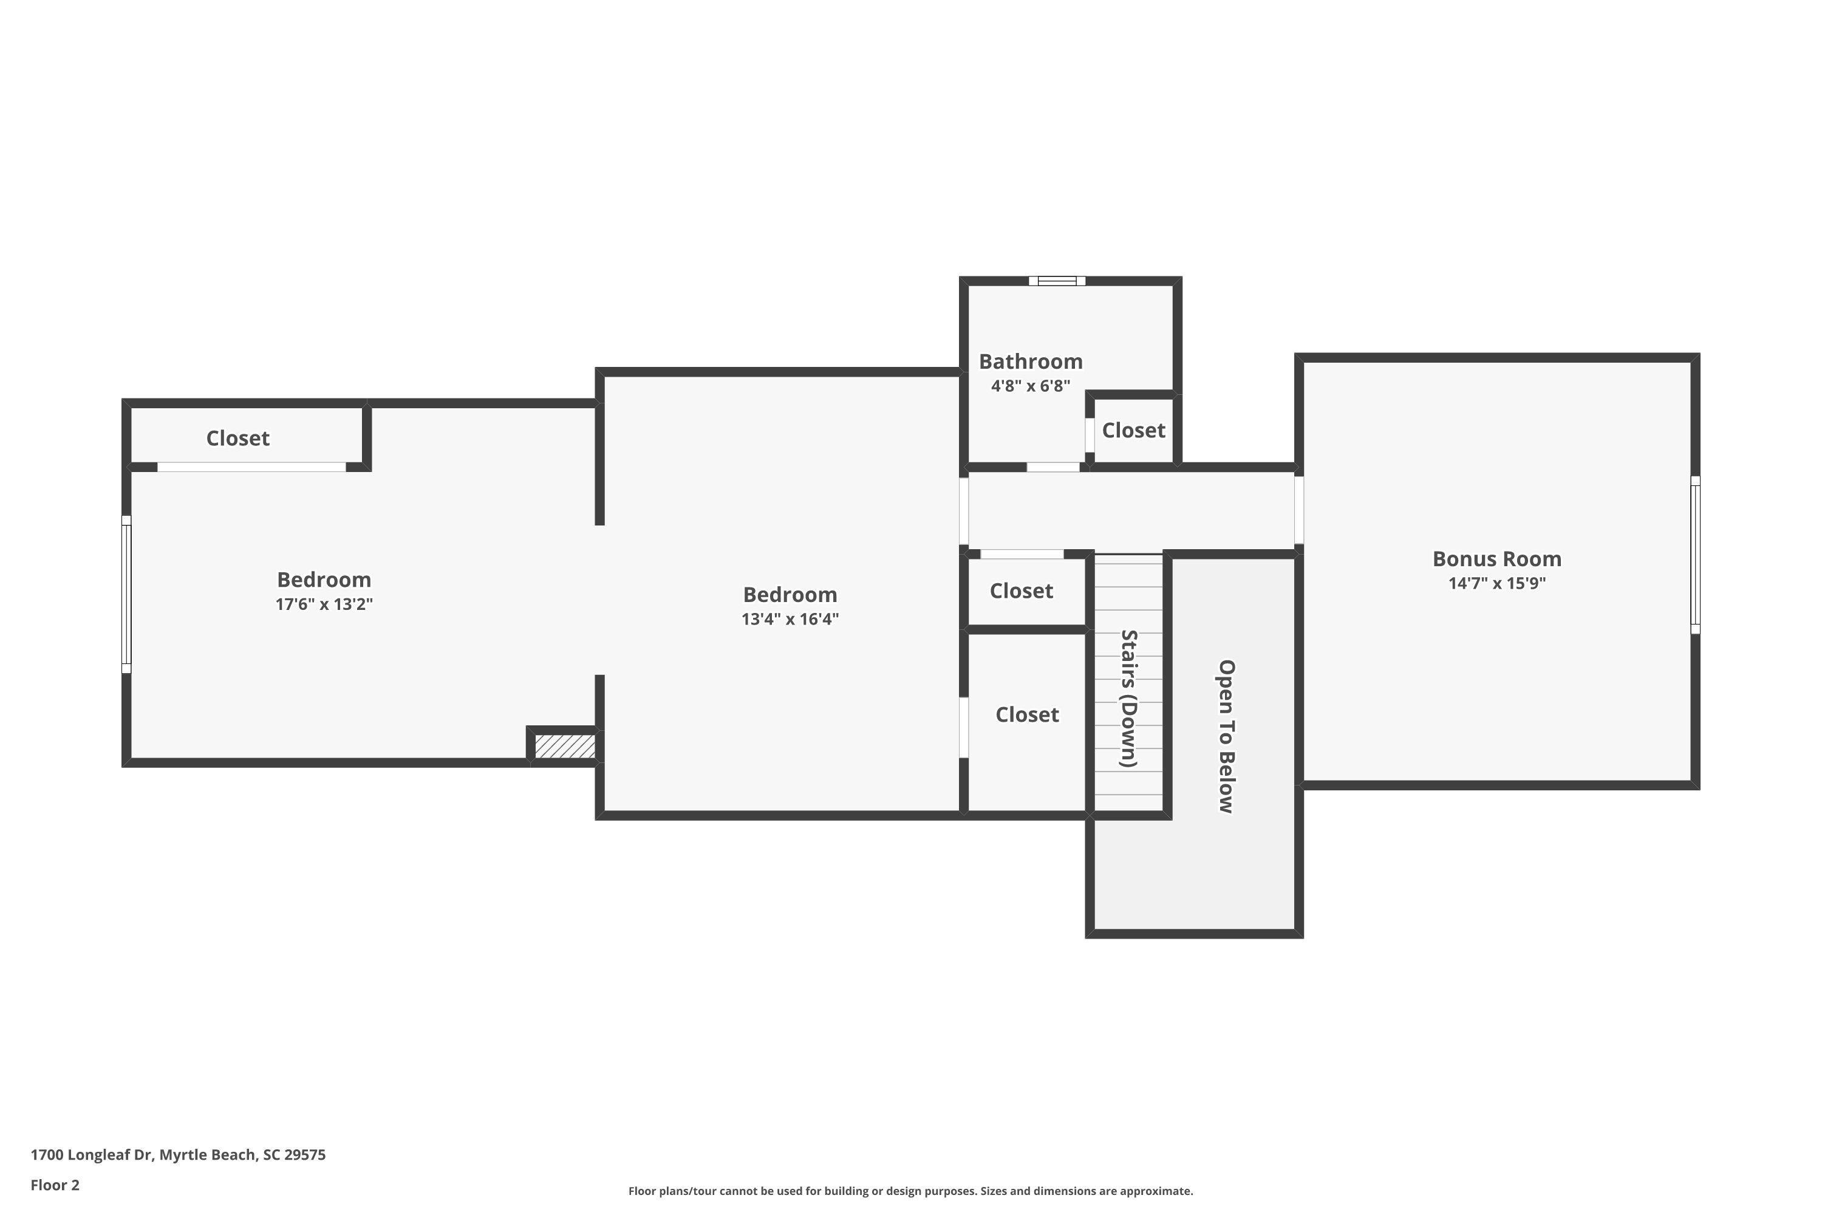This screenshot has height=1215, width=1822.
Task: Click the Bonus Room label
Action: [x=1496, y=559]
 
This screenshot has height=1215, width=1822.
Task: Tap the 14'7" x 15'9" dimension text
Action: [x=1496, y=583]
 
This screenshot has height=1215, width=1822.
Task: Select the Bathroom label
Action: [x=1030, y=361]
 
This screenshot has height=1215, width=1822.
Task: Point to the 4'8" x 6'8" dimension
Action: [x=1030, y=386]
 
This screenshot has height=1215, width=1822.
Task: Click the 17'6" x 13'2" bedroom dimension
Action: [x=324, y=604]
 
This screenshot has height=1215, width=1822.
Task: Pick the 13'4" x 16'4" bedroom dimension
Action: [x=790, y=619]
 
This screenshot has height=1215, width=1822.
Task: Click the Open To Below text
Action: [x=1226, y=736]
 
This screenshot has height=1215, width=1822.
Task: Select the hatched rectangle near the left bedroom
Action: [x=565, y=746]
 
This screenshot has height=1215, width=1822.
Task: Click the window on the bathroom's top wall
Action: [x=1057, y=281]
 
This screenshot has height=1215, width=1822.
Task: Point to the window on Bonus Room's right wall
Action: [x=1695, y=555]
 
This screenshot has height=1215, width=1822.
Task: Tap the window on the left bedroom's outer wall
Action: [x=126, y=594]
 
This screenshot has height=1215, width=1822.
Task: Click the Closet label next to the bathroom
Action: [x=1133, y=430]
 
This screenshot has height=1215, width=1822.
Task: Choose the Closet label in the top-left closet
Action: [x=238, y=439]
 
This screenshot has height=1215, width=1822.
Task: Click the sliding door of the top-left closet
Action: [x=252, y=467]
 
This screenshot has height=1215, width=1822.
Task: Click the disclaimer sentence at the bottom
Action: [x=910, y=1191]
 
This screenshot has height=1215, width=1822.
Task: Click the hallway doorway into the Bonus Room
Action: [x=1299, y=510]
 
